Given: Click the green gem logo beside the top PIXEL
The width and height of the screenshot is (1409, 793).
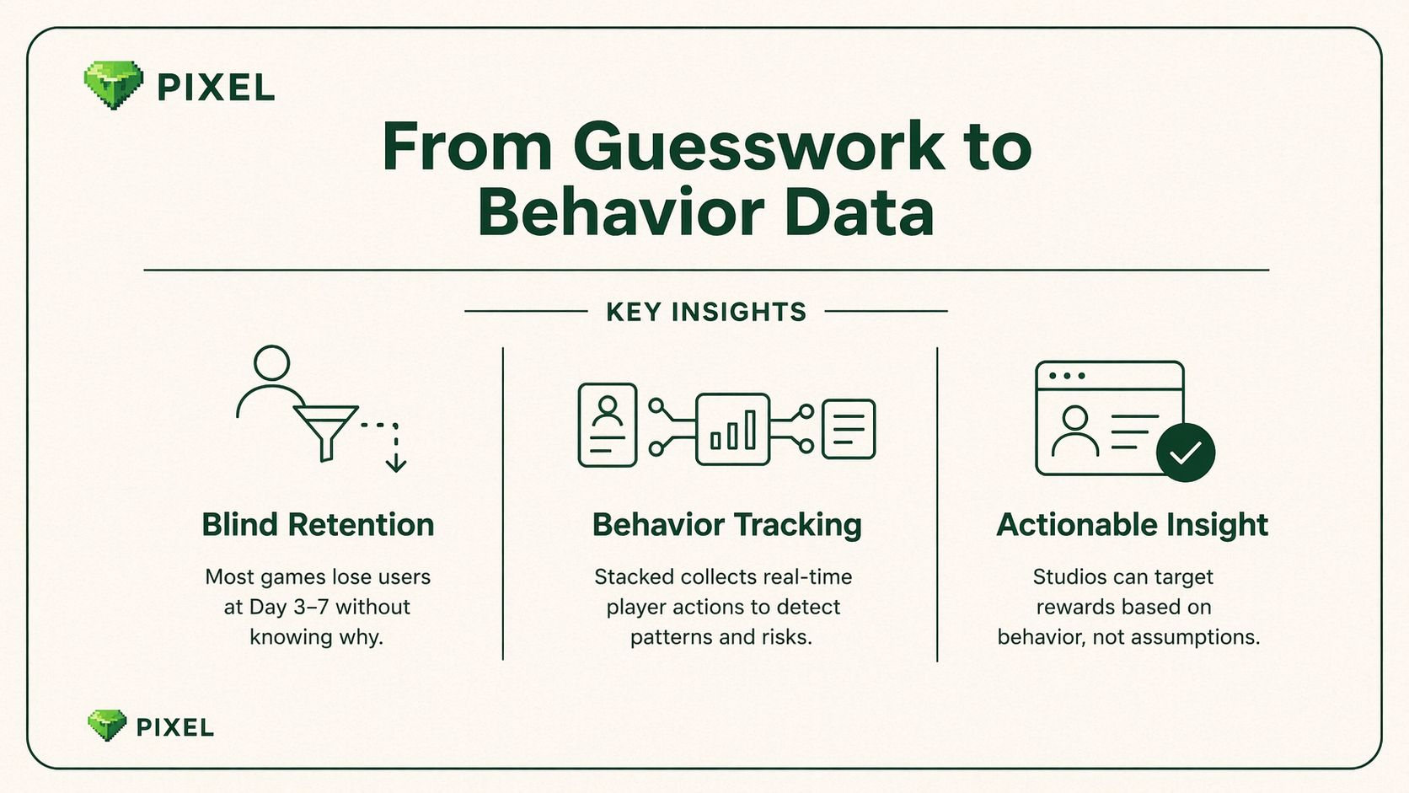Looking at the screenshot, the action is (x=113, y=85).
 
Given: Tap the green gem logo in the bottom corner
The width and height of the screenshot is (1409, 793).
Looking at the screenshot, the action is (x=107, y=726).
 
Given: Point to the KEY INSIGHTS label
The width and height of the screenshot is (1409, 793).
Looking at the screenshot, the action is (x=706, y=312).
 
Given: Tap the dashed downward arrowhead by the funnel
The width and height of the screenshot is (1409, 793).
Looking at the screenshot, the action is (x=396, y=464).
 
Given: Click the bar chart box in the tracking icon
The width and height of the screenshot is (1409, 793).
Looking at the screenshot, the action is (x=732, y=429).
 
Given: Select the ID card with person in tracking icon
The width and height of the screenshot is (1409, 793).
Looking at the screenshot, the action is (x=607, y=425).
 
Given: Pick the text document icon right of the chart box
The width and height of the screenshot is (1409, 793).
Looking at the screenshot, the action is (x=849, y=429).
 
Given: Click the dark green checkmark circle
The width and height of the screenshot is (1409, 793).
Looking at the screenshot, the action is (x=1186, y=453).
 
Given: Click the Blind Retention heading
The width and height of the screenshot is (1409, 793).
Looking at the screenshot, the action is (x=318, y=525).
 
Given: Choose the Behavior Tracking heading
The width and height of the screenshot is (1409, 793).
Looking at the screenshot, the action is (x=726, y=525).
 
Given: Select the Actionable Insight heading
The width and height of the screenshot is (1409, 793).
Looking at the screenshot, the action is (x=1132, y=525).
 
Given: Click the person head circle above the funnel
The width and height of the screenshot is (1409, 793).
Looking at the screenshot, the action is (x=271, y=363).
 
